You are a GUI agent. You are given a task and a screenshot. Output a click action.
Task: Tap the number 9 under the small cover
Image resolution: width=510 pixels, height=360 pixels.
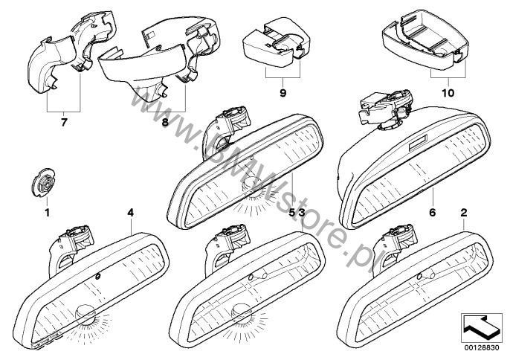click(283, 95)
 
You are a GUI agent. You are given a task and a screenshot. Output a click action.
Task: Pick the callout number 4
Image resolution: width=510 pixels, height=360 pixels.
click(130, 213)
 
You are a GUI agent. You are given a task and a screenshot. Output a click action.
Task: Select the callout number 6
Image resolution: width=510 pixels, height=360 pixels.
click(430, 212)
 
